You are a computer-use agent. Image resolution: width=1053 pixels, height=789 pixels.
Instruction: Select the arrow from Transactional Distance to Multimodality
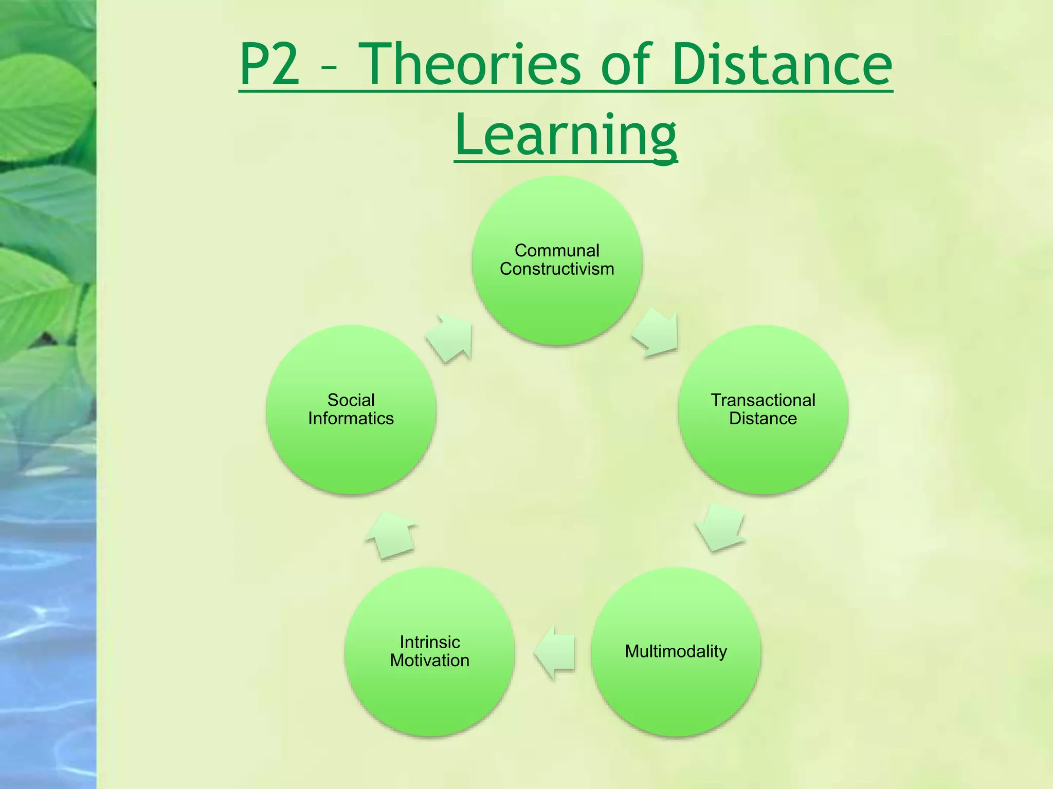720,527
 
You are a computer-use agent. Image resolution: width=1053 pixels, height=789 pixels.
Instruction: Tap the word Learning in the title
566,135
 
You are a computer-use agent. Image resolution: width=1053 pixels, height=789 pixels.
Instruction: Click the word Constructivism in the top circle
557,269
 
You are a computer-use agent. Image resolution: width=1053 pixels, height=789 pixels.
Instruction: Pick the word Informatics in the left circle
351,418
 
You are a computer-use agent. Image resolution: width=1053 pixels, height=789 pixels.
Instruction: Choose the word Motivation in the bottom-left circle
430,660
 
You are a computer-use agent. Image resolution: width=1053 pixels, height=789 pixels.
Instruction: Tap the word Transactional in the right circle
763,400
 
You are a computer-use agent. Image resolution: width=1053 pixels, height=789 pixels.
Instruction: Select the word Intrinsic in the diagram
430,642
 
